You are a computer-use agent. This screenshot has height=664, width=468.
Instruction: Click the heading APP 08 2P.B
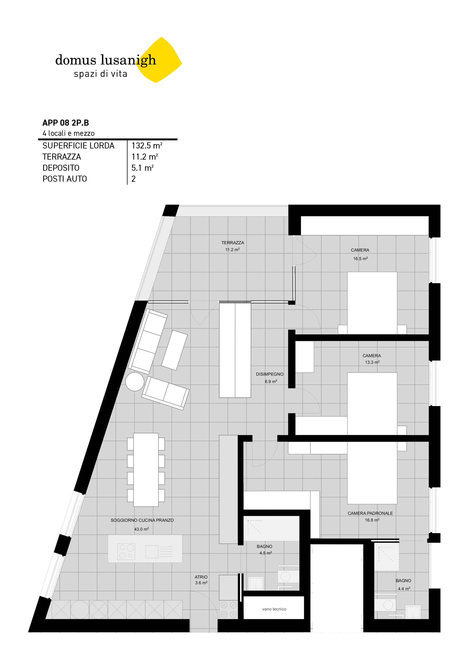coord(66,123)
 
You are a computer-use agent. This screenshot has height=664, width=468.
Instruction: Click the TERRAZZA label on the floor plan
coord(233,243)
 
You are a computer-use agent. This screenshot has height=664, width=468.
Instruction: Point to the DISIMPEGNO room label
coord(270,374)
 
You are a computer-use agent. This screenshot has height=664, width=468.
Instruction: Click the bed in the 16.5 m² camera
coord(372,302)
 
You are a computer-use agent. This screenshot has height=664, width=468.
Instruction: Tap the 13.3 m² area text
coord(372,362)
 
